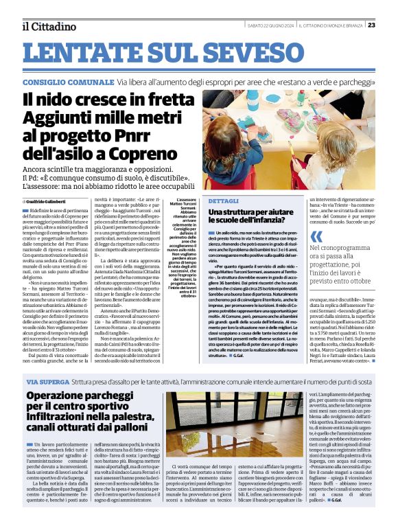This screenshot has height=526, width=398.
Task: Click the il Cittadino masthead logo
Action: [49, 27]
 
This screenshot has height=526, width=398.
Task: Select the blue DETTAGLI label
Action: [223, 201]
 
